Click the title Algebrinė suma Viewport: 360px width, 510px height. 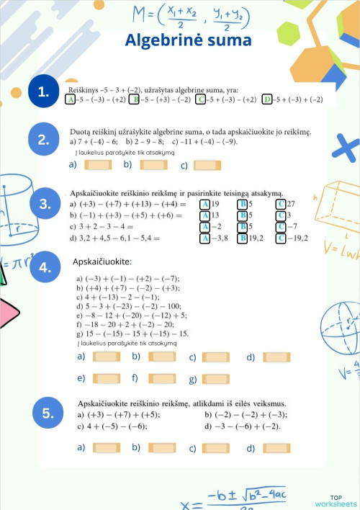[x=189, y=40]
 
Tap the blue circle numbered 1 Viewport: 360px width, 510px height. [x=45, y=91]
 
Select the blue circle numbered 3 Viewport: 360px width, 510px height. [x=45, y=204]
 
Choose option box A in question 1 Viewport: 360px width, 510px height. [x=71, y=99]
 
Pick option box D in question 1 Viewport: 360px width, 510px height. [x=268, y=99]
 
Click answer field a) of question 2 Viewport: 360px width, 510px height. [x=98, y=165]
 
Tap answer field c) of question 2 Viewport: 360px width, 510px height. [x=207, y=165]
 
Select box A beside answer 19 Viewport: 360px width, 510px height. [x=205, y=205]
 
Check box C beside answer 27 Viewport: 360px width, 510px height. [x=281, y=205]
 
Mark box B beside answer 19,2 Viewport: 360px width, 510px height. [x=243, y=238]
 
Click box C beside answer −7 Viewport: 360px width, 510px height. [x=281, y=227]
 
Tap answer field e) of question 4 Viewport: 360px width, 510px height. [x=106, y=378]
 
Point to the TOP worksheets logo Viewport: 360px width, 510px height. [x=335, y=501]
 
